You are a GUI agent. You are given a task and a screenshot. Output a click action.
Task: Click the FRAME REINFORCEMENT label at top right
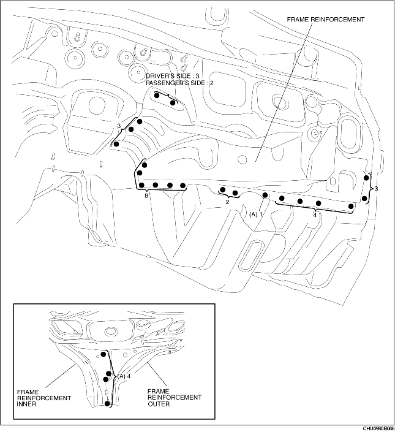click(325, 20)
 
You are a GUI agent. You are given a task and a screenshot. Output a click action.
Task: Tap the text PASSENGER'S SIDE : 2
click(179, 82)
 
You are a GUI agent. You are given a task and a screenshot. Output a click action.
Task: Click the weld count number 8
click(146, 196)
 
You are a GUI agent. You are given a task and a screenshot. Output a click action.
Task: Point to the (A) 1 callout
click(255, 215)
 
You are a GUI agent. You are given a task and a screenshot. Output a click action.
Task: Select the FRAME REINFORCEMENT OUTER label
click(175, 398)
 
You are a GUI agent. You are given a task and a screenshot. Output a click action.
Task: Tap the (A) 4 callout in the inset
click(124, 376)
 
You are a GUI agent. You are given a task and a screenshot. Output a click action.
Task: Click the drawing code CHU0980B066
click(378, 429)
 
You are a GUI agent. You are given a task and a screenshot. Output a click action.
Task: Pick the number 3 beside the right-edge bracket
click(376, 189)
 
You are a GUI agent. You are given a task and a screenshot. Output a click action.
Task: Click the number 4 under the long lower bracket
click(315, 215)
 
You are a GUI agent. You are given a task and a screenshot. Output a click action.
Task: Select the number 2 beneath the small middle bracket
click(227, 201)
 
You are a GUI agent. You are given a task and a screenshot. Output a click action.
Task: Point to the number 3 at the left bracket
click(119, 126)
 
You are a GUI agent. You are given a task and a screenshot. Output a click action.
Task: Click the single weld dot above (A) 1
click(265, 196)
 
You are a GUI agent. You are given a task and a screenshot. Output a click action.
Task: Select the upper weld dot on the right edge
click(366, 178)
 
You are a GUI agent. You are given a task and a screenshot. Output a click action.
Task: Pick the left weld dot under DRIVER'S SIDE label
click(157, 96)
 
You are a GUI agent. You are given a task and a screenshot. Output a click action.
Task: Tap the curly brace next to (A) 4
click(115, 375)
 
